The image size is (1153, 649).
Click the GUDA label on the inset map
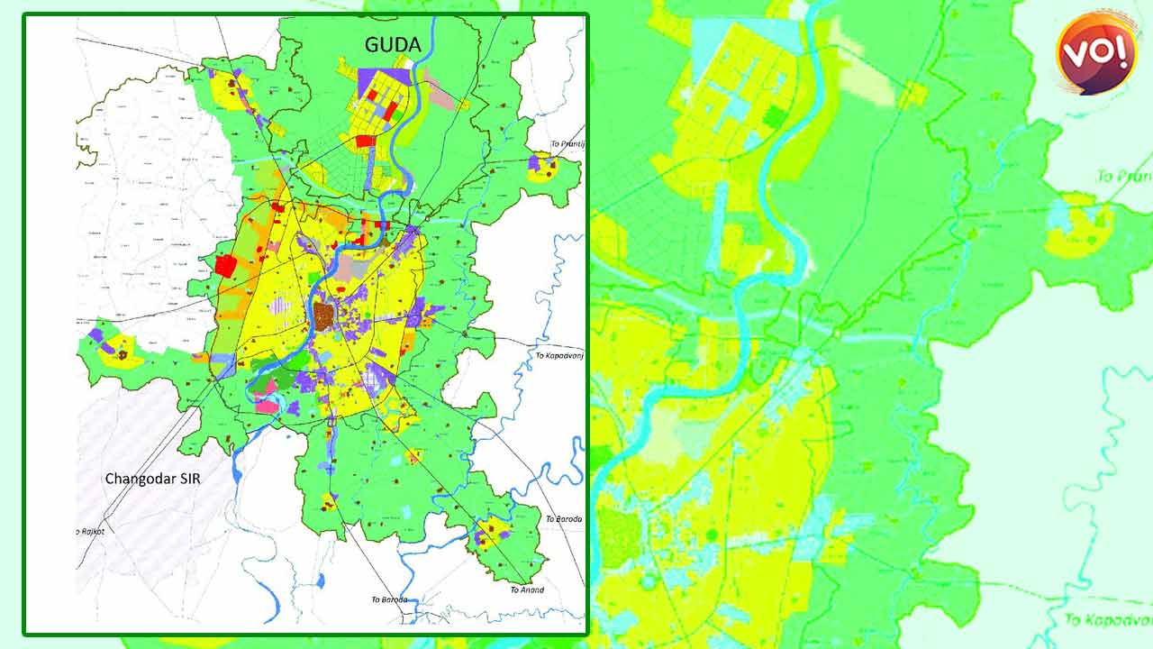tap(393, 44)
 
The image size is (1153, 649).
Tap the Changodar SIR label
tap(152, 479)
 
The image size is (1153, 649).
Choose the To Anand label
tap(527, 590)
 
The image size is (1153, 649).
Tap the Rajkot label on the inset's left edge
tap(91, 532)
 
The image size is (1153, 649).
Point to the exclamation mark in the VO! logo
tap(1120, 52)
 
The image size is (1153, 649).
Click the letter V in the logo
tap(1077, 55)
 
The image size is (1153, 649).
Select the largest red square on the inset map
tap(225, 266)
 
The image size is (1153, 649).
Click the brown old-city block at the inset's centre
tap(323, 315)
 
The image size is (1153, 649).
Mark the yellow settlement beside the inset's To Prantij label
tap(542, 166)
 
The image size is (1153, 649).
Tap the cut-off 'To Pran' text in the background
tap(1124, 176)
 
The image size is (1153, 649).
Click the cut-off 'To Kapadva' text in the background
tap(1108, 619)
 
